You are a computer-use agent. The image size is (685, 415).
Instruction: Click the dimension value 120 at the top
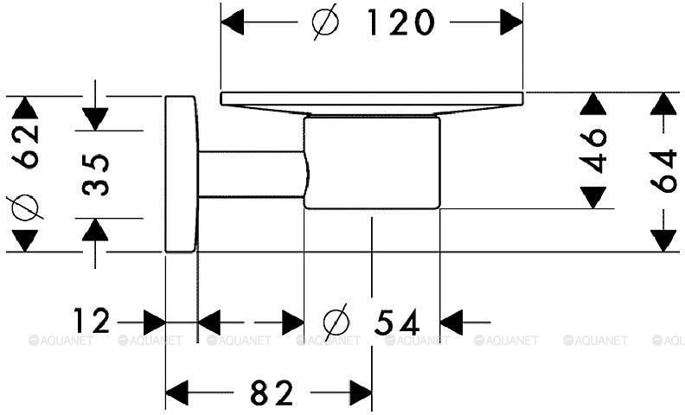(x=401, y=22)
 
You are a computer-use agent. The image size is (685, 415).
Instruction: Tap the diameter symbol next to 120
(x=326, y=22)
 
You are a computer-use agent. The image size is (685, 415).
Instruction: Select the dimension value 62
(x=25, y=146)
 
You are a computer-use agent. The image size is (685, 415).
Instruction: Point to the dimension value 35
(x=95, y=175)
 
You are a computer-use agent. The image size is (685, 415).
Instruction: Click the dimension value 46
(x=593, y=150)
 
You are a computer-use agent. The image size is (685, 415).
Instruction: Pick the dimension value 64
(x=664, y=171)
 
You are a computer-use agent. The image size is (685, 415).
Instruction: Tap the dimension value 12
(x=92, y=321)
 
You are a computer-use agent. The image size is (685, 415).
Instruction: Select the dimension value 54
(x=397, y=322)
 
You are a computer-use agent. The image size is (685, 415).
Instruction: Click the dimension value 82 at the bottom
(x=272, y=393)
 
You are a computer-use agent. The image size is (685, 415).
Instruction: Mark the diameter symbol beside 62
(x=24, y=207)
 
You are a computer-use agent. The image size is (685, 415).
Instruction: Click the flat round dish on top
(x=372, y=104)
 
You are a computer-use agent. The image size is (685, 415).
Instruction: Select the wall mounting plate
(x=181, y=174)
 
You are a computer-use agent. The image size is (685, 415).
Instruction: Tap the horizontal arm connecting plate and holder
(x=252, y=174)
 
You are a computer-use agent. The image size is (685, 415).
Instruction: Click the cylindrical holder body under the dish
(x=372, y=163)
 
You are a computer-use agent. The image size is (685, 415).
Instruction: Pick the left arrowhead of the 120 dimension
(x=233, y=22)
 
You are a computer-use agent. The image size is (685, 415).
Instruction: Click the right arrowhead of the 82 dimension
(x=362, y=393)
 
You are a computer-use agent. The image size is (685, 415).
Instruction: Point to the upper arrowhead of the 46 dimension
(x=593, y=104)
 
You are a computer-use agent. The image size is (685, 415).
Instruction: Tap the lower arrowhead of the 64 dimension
(x=664, y=240)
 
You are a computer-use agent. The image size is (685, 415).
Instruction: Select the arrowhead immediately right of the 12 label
(x=155, y=322)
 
